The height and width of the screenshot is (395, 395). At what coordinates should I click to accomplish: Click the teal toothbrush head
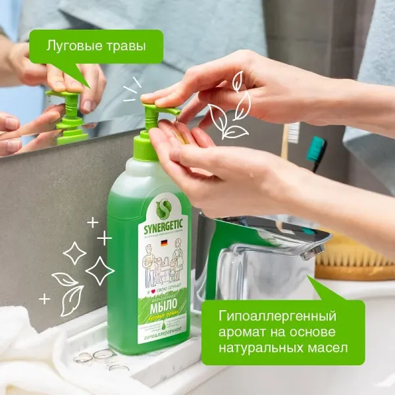coord(316,149)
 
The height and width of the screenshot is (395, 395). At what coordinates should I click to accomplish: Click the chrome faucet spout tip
coord(315,251)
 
